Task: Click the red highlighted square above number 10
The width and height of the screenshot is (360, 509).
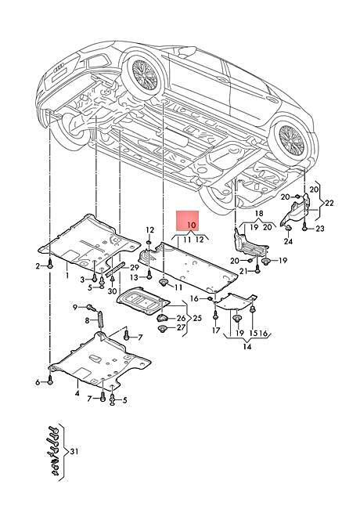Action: (x=188, y=221)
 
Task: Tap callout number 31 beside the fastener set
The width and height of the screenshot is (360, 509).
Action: (x=74, y=452)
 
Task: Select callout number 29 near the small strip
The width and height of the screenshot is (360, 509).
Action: (x=135, y=268)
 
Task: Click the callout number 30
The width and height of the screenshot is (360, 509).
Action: (x=112, y=291)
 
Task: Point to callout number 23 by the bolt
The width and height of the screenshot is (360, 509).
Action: (x=320, y=229)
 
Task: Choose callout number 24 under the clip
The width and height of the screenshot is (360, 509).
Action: (x=288, y=241)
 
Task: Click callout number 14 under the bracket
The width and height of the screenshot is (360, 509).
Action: (x=247, y=347)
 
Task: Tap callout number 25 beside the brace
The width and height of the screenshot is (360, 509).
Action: (x=197, y=318)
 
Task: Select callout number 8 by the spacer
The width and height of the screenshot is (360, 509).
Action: (x=87, y=320)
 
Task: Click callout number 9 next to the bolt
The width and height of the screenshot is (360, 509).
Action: (x=75, y=307)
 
